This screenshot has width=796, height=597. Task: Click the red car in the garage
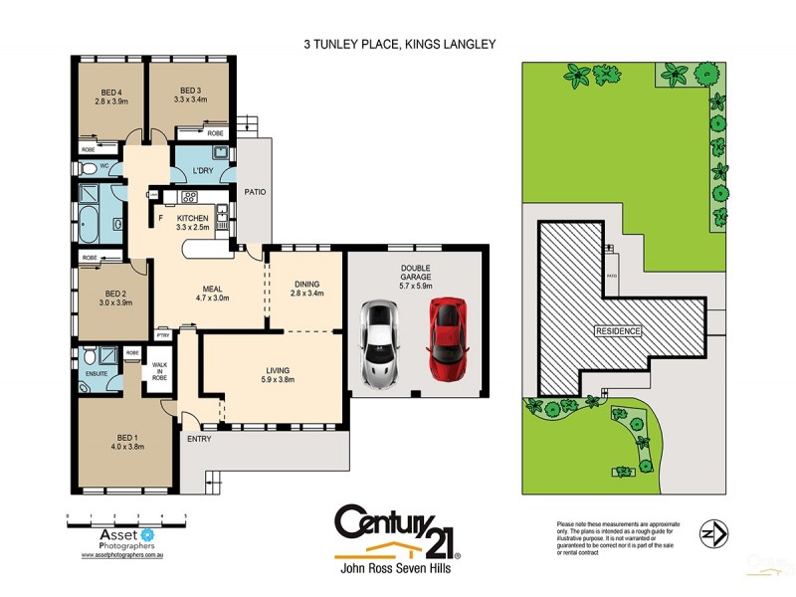click(448, 337)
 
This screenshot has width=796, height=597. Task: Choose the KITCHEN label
click(193, 218)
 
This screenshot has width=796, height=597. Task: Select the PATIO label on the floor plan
click(255, 191)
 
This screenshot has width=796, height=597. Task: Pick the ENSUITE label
click(96, 375)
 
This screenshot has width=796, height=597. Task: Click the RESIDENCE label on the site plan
click(618, 329)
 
